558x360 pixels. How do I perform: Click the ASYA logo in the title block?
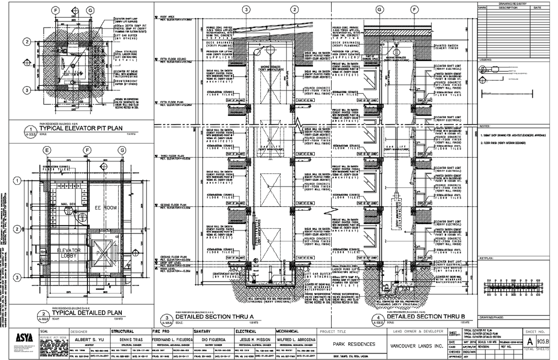24,337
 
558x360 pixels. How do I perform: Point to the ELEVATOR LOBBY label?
69,253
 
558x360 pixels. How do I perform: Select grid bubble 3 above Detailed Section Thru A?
246,9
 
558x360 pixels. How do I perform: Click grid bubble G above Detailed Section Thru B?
379,9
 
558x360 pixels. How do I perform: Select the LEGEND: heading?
485,60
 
